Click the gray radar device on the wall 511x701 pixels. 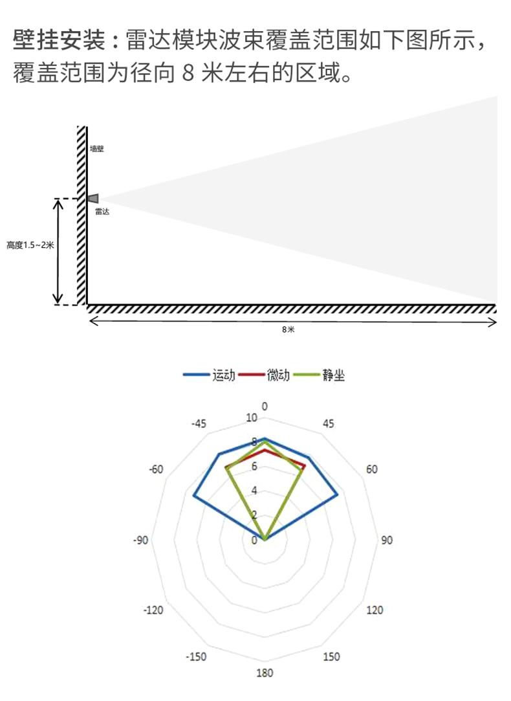93,199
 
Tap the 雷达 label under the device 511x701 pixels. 102,212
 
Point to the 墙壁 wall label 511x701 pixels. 97,148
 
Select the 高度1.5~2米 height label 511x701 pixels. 30,245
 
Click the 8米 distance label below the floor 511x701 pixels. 288,329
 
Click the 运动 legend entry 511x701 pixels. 210,375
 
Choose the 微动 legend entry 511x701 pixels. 265,375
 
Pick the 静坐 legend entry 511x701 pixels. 320,375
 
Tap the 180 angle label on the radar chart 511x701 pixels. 265,673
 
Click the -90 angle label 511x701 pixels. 140,540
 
